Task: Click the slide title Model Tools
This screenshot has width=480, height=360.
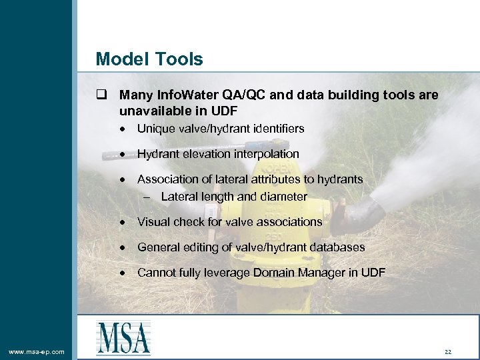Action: pos(149,59)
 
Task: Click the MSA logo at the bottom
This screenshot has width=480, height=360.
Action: pos(123,337)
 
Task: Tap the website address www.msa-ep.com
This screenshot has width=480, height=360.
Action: pos(37,351)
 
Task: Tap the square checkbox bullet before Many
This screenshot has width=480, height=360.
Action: pos(101,96)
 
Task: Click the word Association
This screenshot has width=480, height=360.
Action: pos(168,179)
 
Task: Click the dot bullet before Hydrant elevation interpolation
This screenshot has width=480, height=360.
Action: pos(123,155)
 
